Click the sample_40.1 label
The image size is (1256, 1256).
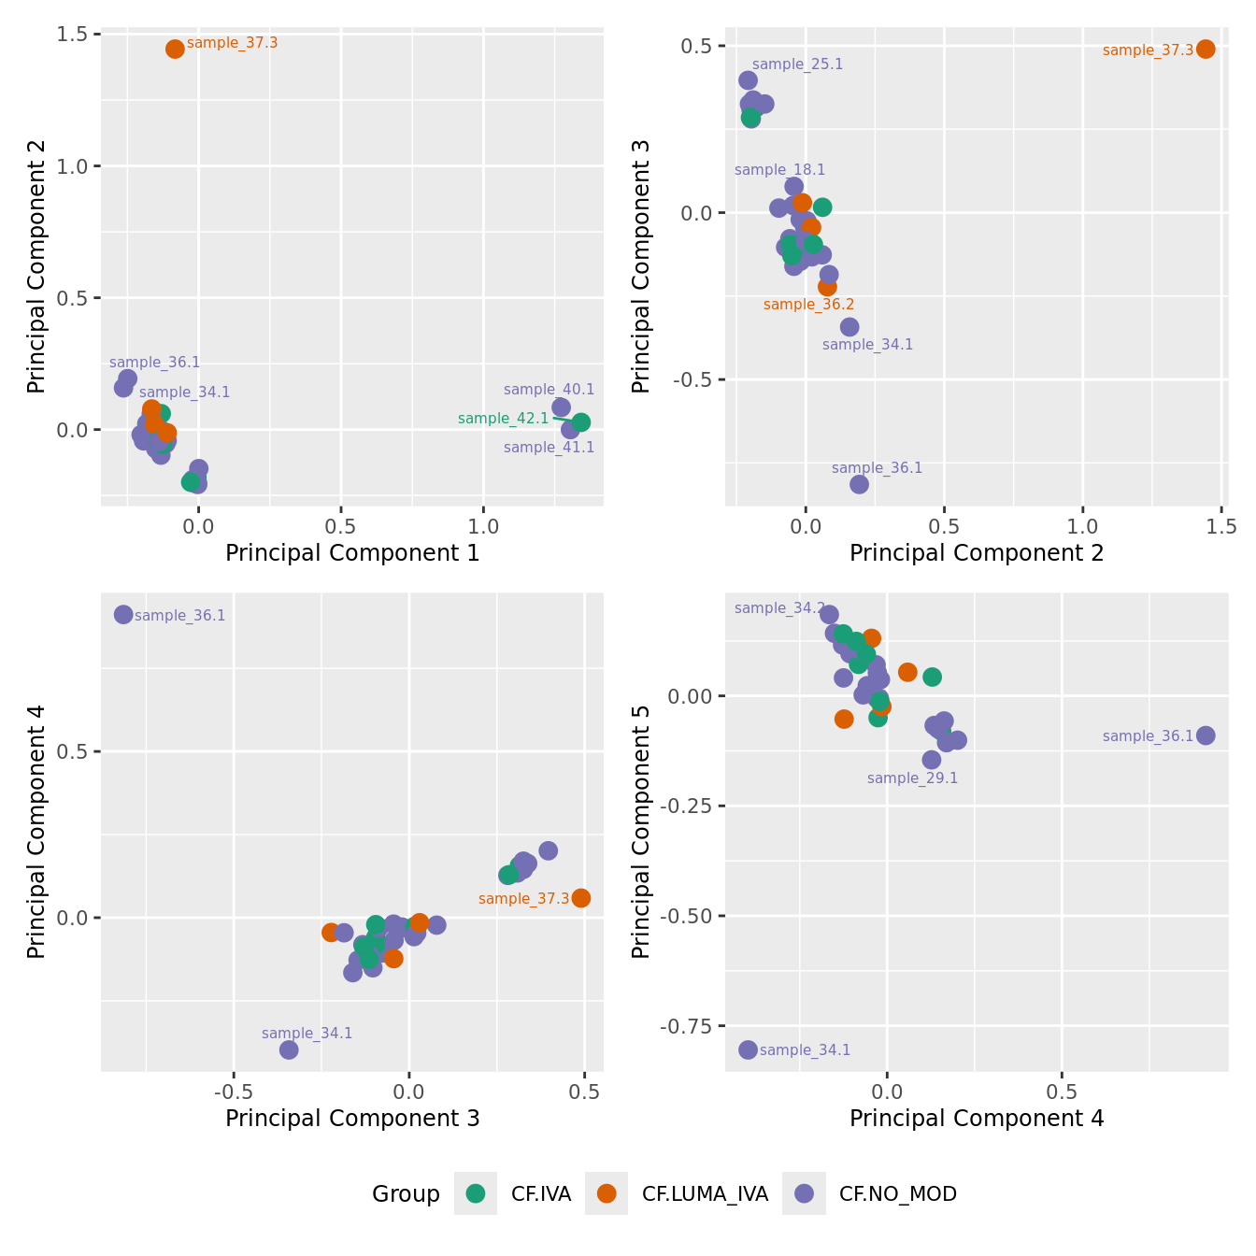(549, 390)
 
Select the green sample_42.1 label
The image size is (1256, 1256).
(504, 419)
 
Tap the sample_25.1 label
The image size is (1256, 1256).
(797, 64)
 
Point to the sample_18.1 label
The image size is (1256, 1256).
(779, 170)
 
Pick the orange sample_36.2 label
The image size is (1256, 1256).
(808, 305)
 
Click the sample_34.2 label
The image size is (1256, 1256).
(779, 608)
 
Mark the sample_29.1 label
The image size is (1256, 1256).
(912, 778)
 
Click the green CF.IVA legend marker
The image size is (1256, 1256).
(476, 1193)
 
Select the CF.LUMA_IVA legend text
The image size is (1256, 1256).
(705, 1194)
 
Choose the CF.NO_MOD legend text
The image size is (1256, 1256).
(897, 1194)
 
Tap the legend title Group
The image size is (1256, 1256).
(406, 1194)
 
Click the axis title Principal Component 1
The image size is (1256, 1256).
(352, 553)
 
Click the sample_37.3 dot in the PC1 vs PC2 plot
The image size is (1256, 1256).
(175, 49)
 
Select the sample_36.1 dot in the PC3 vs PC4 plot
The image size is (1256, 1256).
(123, 614)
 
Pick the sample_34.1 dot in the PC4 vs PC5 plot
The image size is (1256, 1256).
(748, 1049)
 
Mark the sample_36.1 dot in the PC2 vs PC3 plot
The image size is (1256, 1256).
(859, 484)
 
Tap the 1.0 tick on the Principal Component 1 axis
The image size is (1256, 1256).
(483, 526)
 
